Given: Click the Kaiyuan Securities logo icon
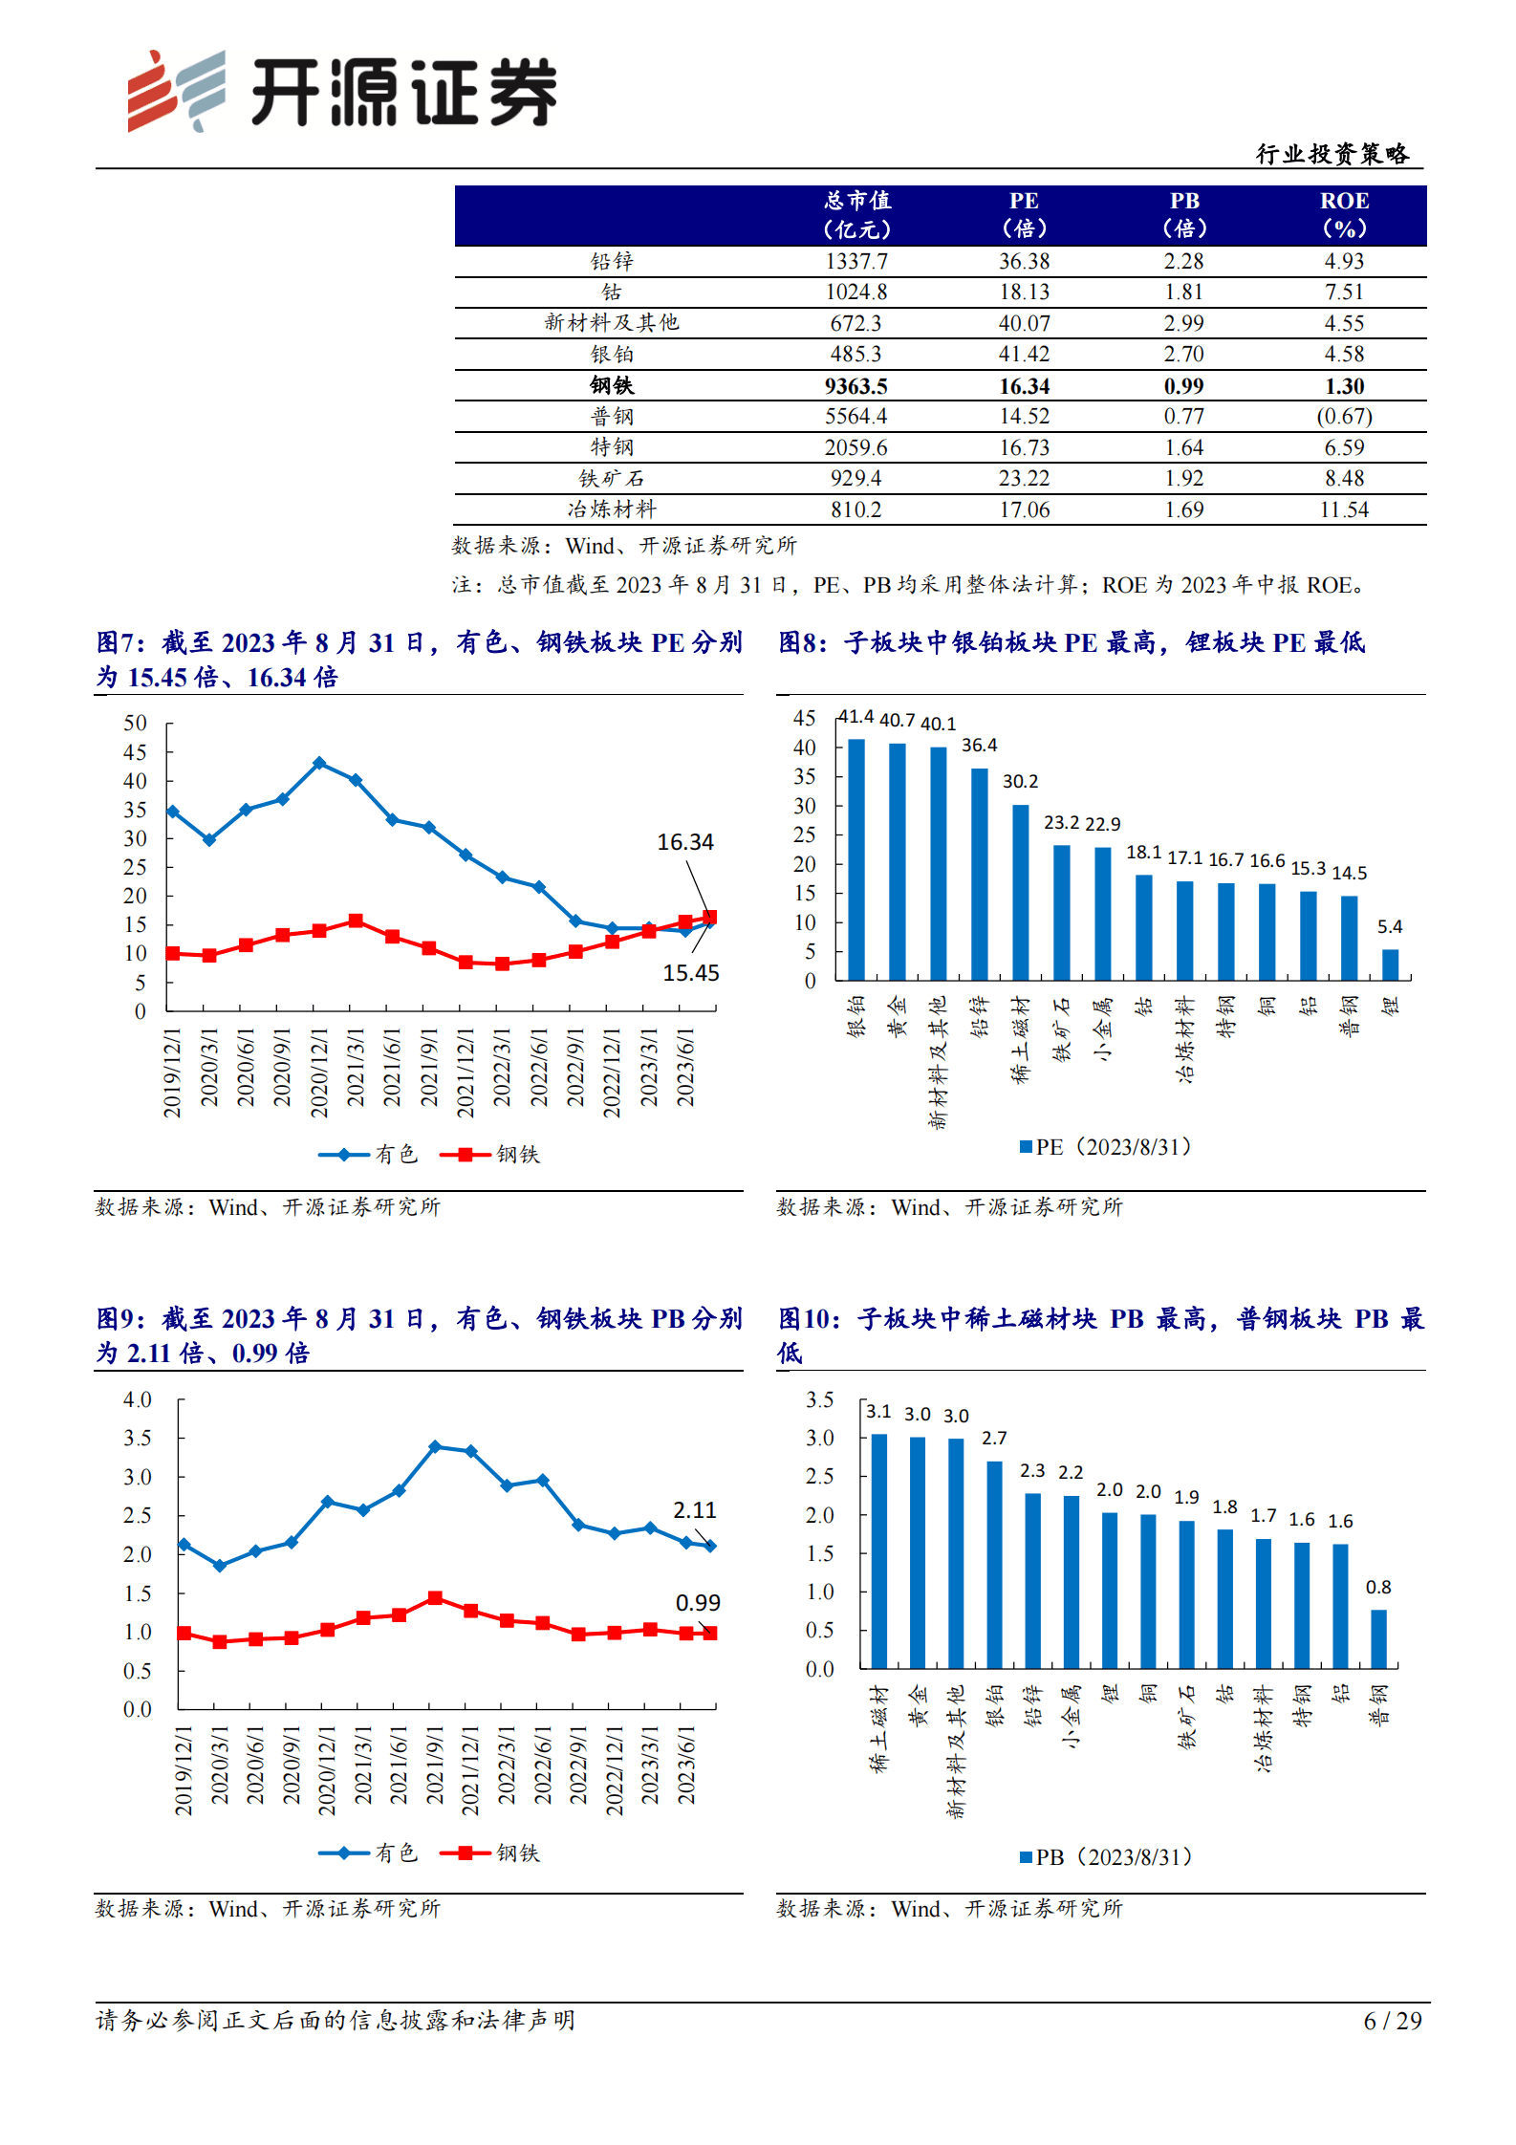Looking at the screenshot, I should point(177,91).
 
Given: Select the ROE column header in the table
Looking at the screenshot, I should point(1344,214).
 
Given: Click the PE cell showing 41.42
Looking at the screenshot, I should point(1024,355).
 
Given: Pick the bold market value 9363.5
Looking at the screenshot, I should point(855,386).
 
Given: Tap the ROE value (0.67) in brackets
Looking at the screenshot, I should point(1344,417).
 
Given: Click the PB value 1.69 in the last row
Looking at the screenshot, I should point(1183,510).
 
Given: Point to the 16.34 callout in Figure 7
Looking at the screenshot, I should point(684,842).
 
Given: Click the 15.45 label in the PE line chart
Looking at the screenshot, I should point(690,973).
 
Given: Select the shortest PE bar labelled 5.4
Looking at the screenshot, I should point(1390,964).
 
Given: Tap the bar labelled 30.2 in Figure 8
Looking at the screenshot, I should point(1021,892).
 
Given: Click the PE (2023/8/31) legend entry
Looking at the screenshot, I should point(1106,1147).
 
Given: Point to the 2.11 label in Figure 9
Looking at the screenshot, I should point(694,1510).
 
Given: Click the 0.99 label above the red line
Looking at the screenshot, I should point(698,1603).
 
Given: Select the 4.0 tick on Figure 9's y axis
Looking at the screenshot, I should point(138,1400).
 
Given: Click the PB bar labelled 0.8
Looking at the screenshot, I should point(1378,1639).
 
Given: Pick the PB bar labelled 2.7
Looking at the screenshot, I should point(994,1565).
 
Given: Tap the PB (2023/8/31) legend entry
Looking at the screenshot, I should point(1106,1857).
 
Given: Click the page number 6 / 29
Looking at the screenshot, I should point(1392,2021).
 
